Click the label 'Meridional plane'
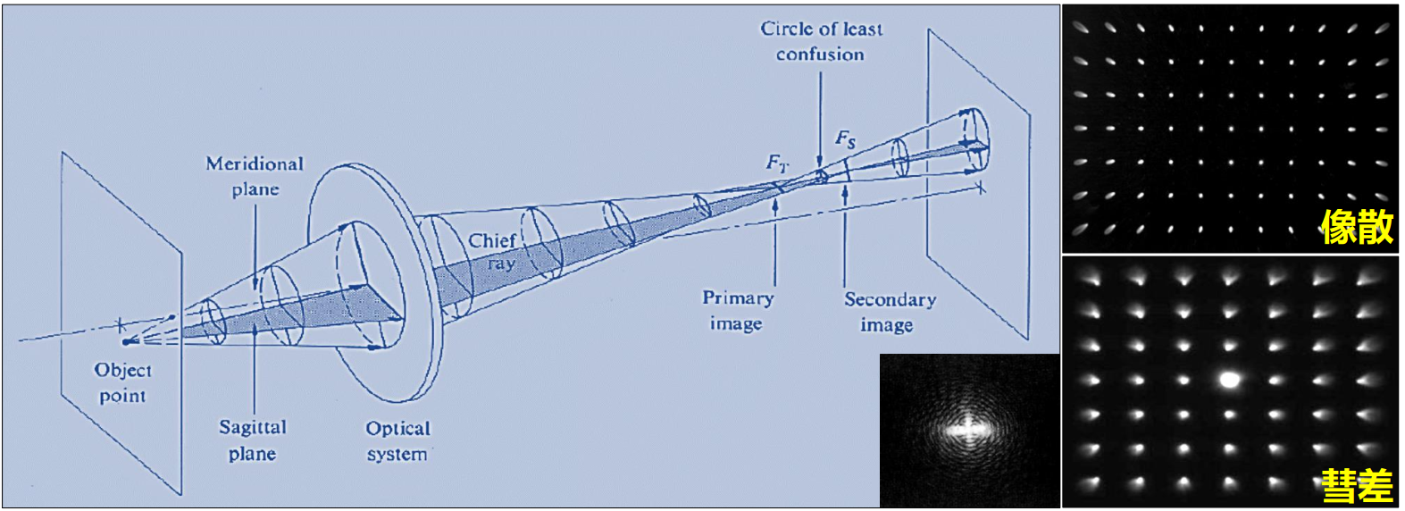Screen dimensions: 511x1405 click(x=255, y=176)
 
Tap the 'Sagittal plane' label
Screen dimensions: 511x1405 click(x=253, y=440)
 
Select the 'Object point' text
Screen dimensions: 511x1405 click(x=122, y=382)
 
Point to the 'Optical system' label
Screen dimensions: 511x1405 click(x=397, y=441)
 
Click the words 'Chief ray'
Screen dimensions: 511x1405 click(x=493, y=251)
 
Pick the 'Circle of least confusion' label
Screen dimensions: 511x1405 click(x=821, y=41)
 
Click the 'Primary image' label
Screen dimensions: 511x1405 click(x=738, y=310)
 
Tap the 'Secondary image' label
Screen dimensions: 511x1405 click(x=890, y=312)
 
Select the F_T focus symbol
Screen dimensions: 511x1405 click(x=778, y=163)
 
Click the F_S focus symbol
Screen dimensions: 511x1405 click(x=845, y=138)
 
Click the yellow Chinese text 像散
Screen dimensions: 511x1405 click(x=1357, y=228)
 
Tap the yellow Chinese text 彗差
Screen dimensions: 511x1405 click(x=1357, y=486)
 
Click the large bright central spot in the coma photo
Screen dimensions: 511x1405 click(x=1230, y=380)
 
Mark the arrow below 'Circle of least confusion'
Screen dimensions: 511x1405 click(x=820, y=116)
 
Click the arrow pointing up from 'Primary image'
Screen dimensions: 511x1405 click(x=774, y=241)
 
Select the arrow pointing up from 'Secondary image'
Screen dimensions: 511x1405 click(x=845, y=237)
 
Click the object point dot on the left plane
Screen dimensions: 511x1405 click(x=126, y=341)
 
